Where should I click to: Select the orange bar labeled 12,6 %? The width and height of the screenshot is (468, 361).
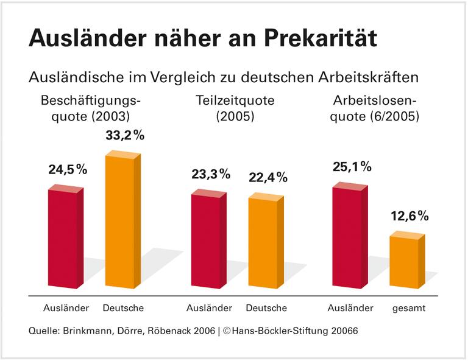click(x=405, y=261)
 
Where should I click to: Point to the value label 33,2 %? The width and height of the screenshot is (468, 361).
click(x=125, y=136)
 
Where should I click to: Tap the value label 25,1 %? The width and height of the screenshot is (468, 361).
click(x=352, y=166)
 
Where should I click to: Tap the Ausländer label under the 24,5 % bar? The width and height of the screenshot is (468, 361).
click(x=66, y=308)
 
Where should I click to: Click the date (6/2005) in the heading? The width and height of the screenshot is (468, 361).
click(x=395, y=116)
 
